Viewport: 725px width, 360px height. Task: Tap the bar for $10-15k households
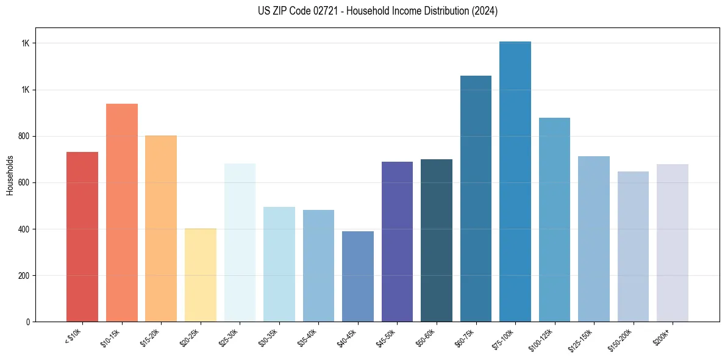click(x=122, y=213)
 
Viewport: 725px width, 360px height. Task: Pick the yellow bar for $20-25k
click(x=201, y=275)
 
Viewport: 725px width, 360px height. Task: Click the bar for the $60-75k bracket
click(x=476, y=199)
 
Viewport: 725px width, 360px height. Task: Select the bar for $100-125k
click(x=554, y=220)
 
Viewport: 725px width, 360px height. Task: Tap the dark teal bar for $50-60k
click(x=437, y=240)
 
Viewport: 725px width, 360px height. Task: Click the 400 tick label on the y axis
click(x=24, y=229)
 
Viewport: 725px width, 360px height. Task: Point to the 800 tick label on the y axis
click(x=24, y=137)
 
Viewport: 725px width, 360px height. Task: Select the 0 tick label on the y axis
click(x=28, y=322)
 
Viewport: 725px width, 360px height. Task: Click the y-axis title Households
click(x=10, y=175)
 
